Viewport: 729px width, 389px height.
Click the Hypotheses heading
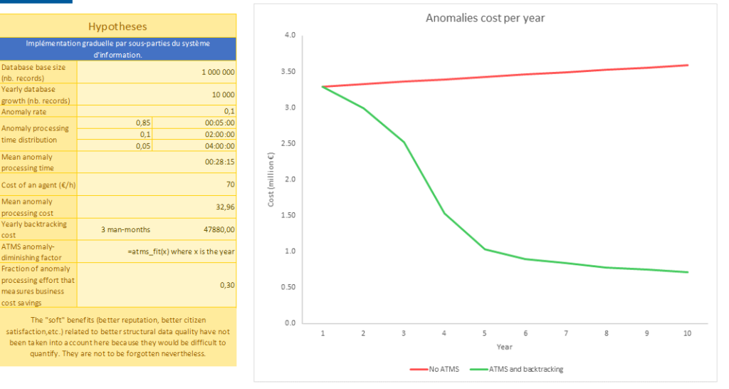tap(117, 26)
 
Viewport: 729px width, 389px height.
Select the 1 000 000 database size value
tap(218, 73)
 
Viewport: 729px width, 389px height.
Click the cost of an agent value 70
tap(230, 185)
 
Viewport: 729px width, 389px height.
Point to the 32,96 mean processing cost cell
tap(225, 207)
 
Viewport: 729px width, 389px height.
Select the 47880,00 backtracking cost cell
tap(219, 229)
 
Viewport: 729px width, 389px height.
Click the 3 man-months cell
tap(126, 229)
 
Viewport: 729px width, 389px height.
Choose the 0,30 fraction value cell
tap(228, 285)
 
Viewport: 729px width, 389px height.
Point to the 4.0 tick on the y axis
tap(290, 35)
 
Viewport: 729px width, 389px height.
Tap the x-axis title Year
tap(505, 347)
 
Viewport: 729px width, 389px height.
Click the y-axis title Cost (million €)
tap(271, 180)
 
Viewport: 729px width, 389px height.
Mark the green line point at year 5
tap(484, 249)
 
